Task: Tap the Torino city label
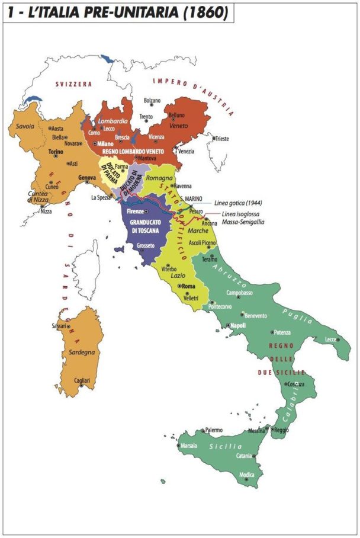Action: [56, 152]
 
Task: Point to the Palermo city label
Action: [214, 430]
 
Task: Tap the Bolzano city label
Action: [152, 100]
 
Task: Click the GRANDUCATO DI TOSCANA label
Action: [147, 226]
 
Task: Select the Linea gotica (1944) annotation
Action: [240, 203]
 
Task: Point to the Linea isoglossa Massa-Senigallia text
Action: [243, 217]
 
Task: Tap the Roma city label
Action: [189, 286]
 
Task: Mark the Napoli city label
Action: [238, 326]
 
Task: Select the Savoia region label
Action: [25, 126]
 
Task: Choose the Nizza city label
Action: [46, 211]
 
